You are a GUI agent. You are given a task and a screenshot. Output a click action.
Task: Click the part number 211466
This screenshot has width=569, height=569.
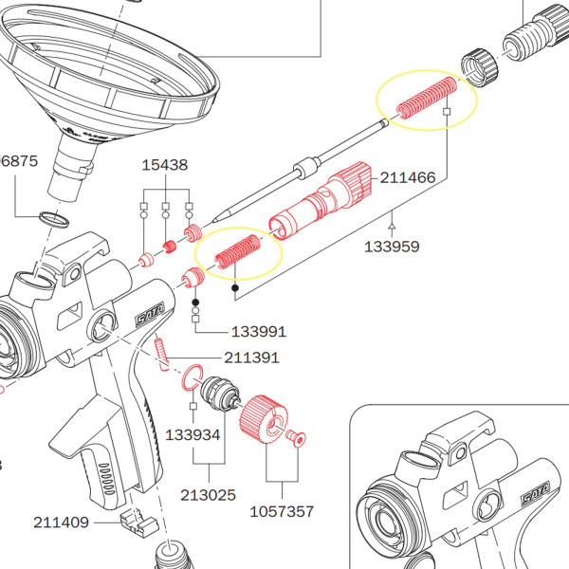tap(409, 176)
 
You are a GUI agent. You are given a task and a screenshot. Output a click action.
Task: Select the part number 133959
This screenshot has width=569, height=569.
tap(393, 248)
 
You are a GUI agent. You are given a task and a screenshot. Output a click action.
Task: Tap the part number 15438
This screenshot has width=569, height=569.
tap(165, 165)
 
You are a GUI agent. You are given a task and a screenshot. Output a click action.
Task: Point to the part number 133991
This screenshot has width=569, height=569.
tap(259, 332)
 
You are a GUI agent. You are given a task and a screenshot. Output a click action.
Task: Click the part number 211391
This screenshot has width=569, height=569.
tap(251, 358)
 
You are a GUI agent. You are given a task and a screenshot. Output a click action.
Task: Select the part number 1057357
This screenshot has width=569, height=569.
tap(282, 511)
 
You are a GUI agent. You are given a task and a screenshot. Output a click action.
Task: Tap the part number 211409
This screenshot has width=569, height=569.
tap(61, 522)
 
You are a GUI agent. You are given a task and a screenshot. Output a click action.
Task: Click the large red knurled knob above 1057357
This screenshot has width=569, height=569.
tap(262, 420)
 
